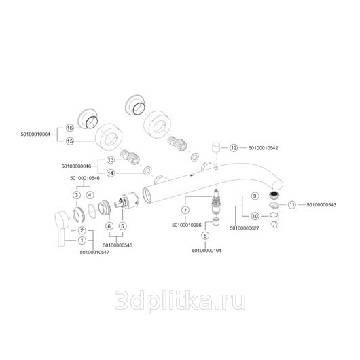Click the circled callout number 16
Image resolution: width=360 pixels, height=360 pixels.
tap(70, 128)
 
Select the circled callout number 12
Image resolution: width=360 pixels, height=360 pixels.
tap(234, 148)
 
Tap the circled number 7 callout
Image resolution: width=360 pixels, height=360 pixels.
tap(185, 210)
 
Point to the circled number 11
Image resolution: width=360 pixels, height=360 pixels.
tap(292, 204)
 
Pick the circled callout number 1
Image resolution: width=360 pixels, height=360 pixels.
tap(82, 240)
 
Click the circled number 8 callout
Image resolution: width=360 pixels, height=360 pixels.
tap(205, 236)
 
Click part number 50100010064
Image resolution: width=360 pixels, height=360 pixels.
tap(35, 134)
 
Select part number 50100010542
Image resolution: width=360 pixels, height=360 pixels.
tap(263, 148)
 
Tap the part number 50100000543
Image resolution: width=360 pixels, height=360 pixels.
tap(321, 204)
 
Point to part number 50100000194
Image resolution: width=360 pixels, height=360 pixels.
tap(206, 251)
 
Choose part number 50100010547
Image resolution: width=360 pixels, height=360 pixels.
tap(94, 252)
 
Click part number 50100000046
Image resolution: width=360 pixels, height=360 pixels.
tap(76, 166)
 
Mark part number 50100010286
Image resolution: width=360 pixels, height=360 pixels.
tap(187, 226)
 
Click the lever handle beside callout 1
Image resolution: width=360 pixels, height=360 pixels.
tap(62, 228)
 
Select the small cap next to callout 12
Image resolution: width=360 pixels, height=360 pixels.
tap(216, 147)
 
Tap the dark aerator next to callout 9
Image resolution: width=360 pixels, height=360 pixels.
tap(274, 196)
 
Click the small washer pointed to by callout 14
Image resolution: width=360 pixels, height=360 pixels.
tap(147, 170)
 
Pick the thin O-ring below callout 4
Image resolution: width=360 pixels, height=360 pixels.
tap(92, 211)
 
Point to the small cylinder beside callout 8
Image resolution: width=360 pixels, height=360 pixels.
tap(215, 222)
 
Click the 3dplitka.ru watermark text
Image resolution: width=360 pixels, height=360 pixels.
tap(180, 300)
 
